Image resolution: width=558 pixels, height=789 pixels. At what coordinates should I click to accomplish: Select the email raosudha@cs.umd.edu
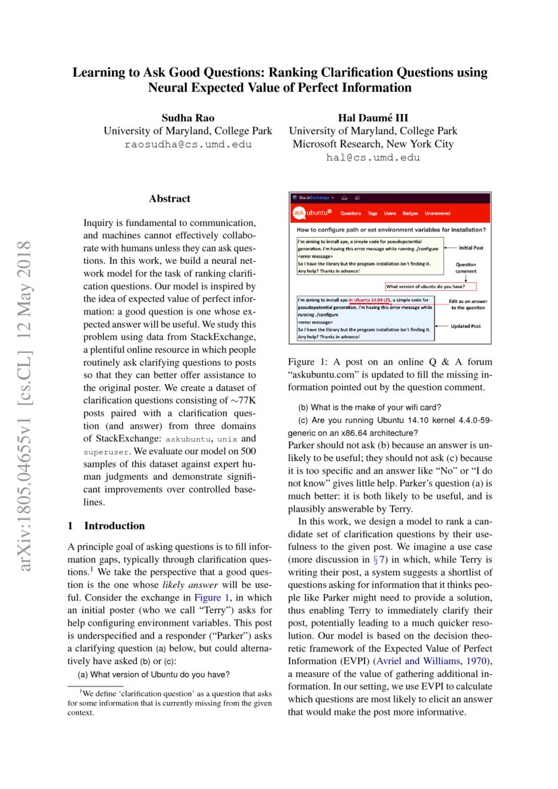pos(188,144)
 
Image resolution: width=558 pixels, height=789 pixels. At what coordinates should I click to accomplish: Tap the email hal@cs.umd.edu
pos(373,157)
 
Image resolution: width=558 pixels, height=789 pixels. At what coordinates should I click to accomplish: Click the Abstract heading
pos(169,198)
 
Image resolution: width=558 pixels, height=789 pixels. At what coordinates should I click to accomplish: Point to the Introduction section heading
pos(107,525)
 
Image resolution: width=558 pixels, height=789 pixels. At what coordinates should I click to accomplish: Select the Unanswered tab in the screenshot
pos(437,213)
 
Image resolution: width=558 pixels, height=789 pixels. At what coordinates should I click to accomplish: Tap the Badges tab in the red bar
pos(410,213)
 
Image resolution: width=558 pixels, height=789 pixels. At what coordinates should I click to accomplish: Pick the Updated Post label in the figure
pos(466,326)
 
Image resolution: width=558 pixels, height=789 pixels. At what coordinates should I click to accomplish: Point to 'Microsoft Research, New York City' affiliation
pos(373,144)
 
